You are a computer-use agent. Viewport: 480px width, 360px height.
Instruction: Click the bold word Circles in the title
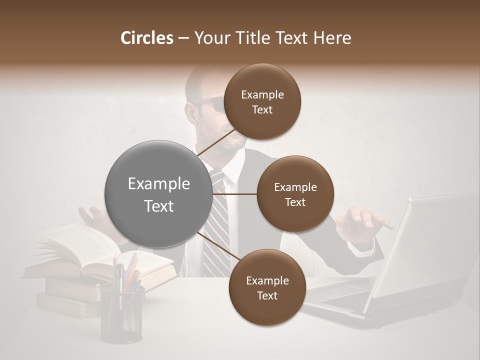click(x=146, y=38)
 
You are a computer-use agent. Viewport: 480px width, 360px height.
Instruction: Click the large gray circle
click(x=158, y=194)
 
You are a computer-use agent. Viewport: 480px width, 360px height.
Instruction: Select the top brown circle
click(x=262, y=101)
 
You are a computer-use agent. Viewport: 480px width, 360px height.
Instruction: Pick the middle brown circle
click(x=295, y=194)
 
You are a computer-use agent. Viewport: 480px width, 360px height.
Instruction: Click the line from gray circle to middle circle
click(x=234, y=194)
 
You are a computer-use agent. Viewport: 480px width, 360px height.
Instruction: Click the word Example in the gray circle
click(x=158, y=184)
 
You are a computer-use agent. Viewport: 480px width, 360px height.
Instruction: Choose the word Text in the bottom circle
click(x=267, y=295)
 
